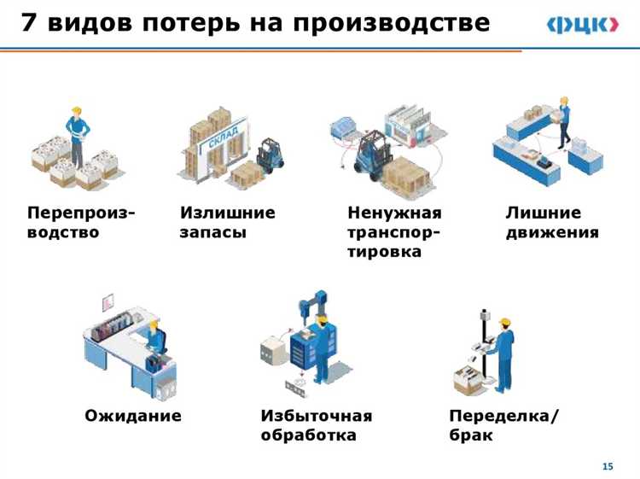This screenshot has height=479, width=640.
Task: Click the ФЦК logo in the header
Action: click(583, 26)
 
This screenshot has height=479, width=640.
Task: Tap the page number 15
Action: click(608, 465)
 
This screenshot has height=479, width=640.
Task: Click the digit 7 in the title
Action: click(28, 24)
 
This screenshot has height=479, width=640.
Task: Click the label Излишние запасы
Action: click(227, 222)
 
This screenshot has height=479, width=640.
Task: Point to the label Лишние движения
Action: click(552, 222)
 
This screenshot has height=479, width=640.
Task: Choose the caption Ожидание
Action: click(133, 416)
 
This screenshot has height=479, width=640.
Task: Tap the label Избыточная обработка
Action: click(316, 425)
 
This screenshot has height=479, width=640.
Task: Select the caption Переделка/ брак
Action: click(503, 425)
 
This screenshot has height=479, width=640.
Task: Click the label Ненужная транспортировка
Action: click(394, 231)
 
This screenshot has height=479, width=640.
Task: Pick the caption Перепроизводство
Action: click(82, 222)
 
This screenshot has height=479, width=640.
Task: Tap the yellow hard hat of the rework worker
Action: click(505, 322)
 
